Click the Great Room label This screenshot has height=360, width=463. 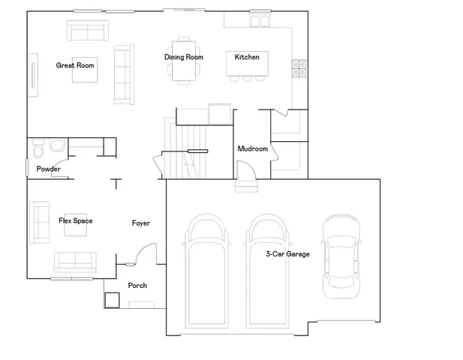click(75, 65)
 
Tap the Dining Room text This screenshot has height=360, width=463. click(184, 57)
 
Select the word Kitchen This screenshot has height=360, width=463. click(247, 57)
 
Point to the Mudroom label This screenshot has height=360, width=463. click(252, 148)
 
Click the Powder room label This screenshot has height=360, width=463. click(48, 169)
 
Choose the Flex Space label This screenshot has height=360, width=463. click(75, 220)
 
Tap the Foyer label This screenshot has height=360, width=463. click(140, 223)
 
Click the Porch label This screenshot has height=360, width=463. click(137, 285)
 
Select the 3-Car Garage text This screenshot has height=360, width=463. click(287, 254)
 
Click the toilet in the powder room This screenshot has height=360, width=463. click(38, 151)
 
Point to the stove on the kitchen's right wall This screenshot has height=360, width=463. click(298, 68)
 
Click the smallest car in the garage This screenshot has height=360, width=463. click(340, 256)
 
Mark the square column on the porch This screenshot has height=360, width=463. click(112, 299)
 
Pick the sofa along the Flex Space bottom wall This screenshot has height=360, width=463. click(75, 262)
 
